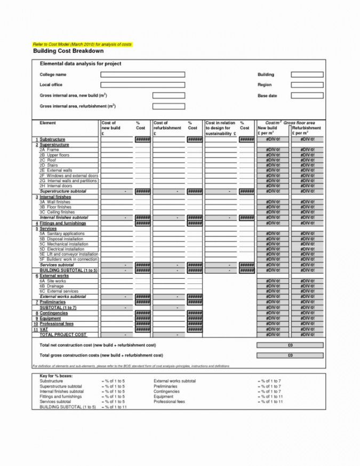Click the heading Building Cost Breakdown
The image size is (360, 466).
68,51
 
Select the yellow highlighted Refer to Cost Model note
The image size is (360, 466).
82,44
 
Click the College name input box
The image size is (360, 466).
142,75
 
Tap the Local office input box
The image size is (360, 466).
142,85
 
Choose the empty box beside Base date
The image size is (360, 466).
307,96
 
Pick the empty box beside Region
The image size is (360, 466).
307,85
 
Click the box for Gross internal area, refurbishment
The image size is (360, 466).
169,107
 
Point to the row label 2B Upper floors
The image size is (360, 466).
54,155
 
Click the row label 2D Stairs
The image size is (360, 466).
49,165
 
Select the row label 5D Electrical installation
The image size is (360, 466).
61,249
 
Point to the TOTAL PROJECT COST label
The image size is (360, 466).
63,335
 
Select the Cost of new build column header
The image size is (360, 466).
111,128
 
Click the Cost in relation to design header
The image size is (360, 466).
220,128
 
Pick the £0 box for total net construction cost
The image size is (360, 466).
290,345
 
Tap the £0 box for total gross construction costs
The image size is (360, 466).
290,355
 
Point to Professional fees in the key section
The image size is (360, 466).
170,401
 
